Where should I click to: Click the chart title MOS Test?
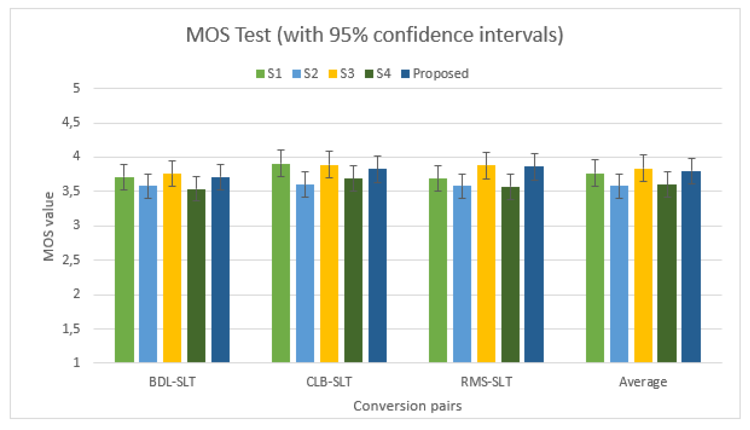[374, 35]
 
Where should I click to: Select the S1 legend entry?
[269, 73]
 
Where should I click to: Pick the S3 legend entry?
[341, 73]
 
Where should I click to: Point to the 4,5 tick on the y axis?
[71, 122]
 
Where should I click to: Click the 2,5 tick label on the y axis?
[71, 260]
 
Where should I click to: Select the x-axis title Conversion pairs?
[407, 406]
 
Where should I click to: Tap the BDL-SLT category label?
[172, 382]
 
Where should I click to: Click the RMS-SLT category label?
[486, 382]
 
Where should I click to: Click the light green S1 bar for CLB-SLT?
[281, 263]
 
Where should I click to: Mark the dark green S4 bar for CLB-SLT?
[353, 270]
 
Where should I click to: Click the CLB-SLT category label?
[329, 382]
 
